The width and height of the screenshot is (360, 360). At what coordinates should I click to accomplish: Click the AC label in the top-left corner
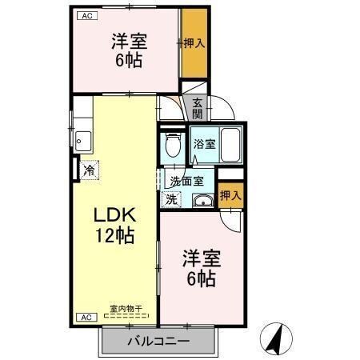point(84,15)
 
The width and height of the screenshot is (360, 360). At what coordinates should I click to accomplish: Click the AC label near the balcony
point(84,318)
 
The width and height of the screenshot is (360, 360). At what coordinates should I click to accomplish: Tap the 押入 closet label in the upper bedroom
point(193,43)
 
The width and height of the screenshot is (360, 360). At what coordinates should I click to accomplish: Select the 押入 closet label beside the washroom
point(230,194)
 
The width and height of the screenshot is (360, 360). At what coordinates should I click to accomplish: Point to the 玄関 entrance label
point(197,106)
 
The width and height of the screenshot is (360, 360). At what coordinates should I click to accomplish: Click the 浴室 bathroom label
point(204,145)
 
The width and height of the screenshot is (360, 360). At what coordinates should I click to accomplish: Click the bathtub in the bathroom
point(231,145)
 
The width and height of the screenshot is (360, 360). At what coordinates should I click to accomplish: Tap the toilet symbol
point(171,146)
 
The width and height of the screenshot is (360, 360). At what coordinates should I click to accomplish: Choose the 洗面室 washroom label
point(186,181)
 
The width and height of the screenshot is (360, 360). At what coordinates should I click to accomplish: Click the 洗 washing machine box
point(171,198)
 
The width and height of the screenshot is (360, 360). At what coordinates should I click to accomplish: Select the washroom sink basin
point(201,200)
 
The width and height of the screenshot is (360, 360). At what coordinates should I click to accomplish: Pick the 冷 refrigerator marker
point(90,170)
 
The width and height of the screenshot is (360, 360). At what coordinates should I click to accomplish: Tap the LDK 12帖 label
point(114,226)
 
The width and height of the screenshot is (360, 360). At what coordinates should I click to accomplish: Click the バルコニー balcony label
point(158,342)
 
